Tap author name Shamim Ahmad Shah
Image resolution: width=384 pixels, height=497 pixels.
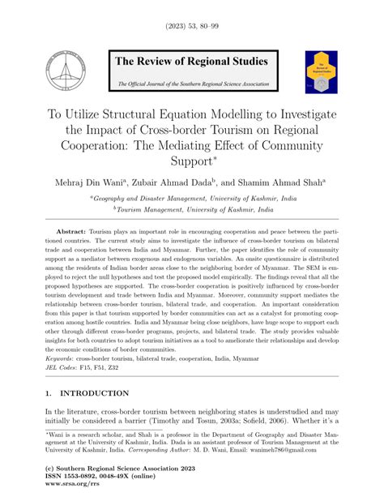pos(283,184)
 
